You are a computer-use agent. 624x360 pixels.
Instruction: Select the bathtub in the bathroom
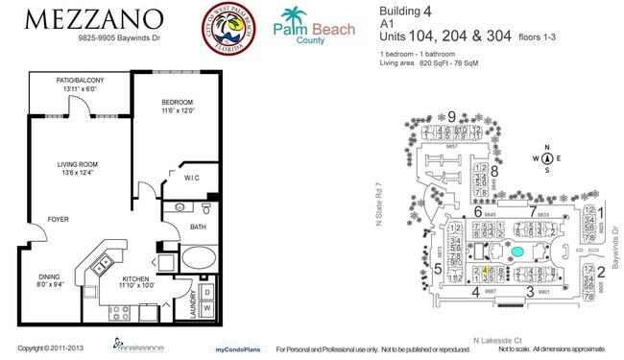point(200,256)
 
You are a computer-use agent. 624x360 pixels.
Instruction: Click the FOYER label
point(59,220)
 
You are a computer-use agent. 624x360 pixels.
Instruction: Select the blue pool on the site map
point(517,252)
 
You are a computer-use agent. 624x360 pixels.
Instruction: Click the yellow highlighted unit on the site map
point(487,271)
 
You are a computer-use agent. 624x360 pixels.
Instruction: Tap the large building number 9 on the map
point(451,116)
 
